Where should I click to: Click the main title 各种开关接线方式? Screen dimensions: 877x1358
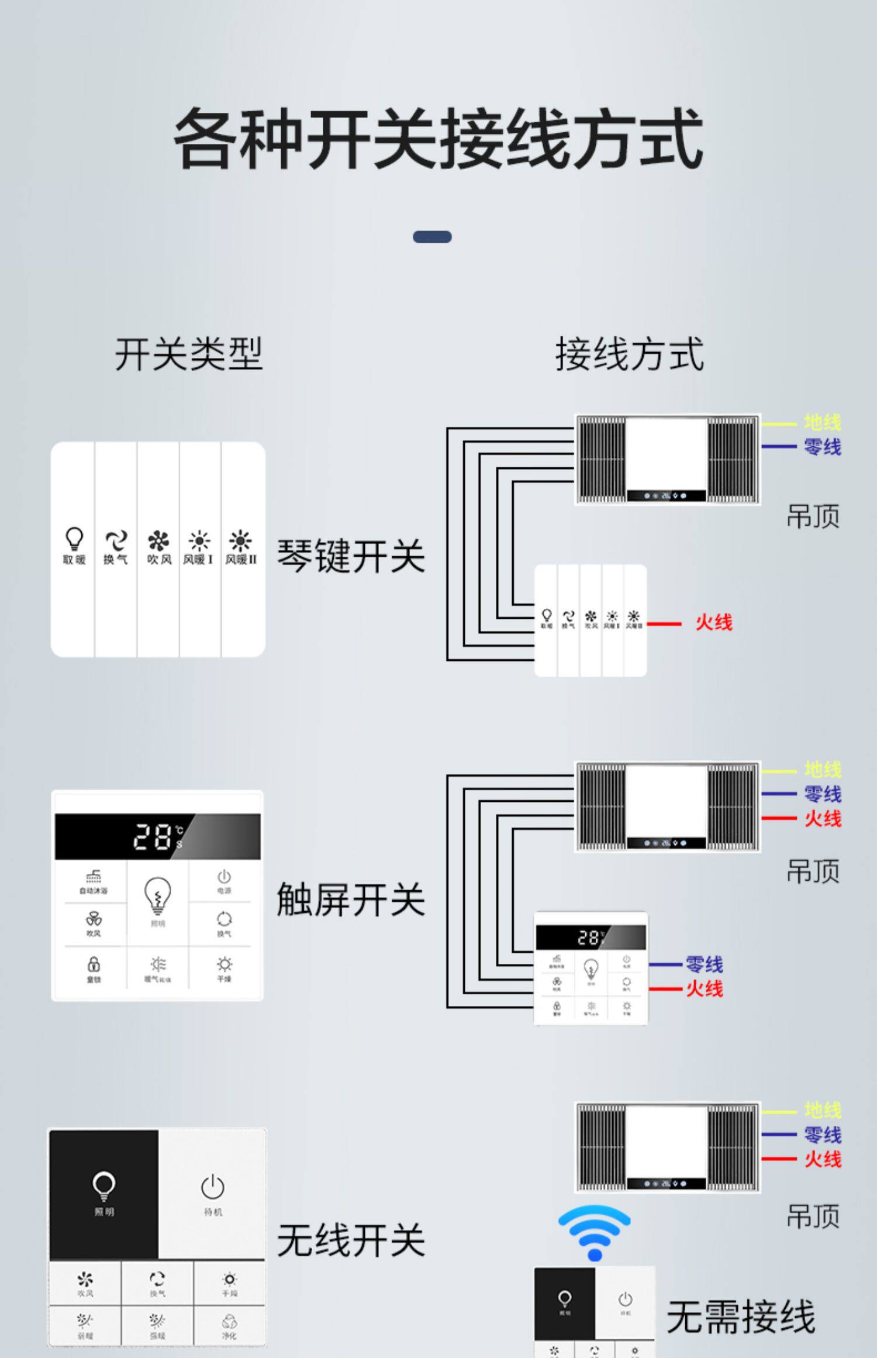[x=438, y=139]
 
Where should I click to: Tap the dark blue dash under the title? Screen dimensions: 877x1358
[x=432, y=237]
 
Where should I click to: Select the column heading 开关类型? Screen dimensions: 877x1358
[x=188, y=354]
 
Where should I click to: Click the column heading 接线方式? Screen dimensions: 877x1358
[x=629, y=354]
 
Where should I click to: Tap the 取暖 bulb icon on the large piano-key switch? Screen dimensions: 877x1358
[x=74, y=539]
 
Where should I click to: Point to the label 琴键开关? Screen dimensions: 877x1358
[x=350, y=556]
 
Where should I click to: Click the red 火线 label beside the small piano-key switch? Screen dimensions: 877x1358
[x=713, y=623]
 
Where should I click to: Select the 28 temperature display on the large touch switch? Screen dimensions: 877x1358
[x=153, y=836]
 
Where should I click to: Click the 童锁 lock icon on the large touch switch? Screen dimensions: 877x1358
[x=94, y=964]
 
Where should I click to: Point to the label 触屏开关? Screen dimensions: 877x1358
[x=350, y=899]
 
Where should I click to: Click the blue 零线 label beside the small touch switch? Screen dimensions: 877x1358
[x=704, y=964]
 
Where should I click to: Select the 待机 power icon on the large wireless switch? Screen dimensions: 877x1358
[x=212, y=1187]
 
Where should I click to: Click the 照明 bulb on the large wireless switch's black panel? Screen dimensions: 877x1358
[x=104, y=1185]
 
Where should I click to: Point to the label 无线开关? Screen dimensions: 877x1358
[x=350, y=1240]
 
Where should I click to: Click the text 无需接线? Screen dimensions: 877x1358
[x=740, y=1317]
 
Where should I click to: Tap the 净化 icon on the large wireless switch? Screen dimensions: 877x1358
[x=229, y=1322]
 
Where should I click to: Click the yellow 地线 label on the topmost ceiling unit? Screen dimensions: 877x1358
[x=822, y=422]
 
